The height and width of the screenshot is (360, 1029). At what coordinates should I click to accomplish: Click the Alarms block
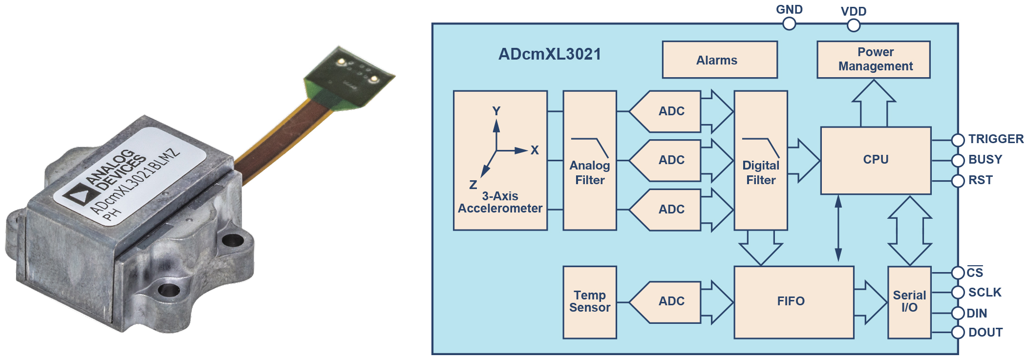720,60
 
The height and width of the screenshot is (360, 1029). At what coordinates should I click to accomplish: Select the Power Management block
874,60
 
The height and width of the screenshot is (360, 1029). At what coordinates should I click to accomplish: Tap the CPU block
876,160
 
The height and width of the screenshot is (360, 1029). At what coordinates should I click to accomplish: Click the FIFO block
794,302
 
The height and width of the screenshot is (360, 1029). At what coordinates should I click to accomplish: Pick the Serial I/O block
909,302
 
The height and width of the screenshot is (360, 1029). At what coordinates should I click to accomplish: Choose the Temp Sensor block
590,302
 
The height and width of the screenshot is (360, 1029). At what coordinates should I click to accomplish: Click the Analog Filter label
590,172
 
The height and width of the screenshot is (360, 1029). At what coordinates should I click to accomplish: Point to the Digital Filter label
761,172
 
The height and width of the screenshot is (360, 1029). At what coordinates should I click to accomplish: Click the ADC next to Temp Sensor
665,302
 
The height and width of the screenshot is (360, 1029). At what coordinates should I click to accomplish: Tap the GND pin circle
789,23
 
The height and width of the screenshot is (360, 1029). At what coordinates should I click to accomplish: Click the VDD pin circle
854,25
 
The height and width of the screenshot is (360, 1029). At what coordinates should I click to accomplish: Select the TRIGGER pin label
996,139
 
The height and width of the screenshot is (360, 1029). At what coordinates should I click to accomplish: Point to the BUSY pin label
985,160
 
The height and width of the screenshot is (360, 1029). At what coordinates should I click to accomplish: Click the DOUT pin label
986,333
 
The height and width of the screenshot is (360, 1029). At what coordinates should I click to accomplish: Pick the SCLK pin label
985,293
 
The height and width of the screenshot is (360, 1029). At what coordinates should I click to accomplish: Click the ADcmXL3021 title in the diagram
550,54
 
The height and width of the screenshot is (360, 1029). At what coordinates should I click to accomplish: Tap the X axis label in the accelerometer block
535,150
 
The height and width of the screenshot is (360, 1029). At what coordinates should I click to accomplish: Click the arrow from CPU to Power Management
874,104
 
